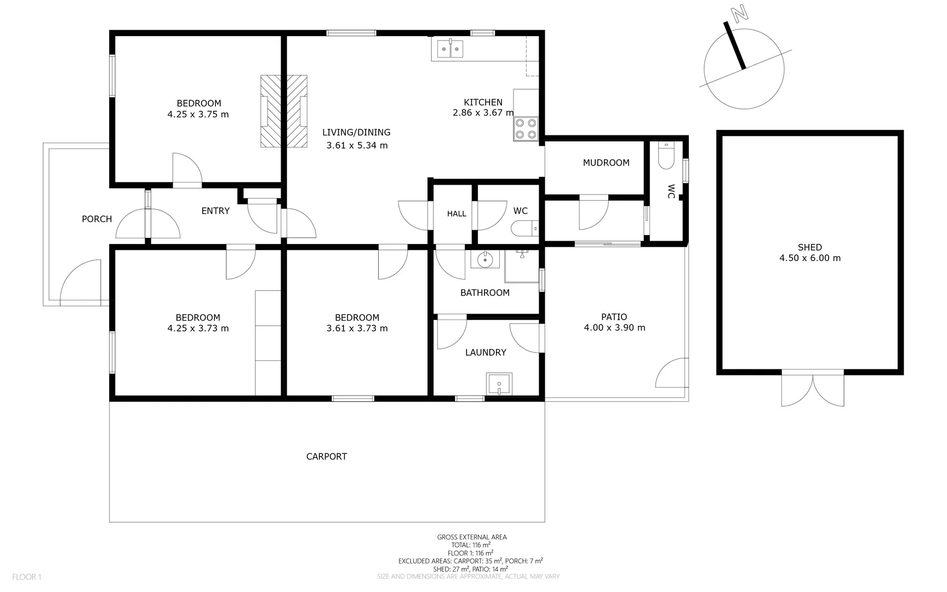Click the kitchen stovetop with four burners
tap(526, 129)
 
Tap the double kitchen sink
tap(450, 49)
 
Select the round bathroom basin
tap(485, 259)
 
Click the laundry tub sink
tap(499, 384)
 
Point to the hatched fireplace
tap(283, 111)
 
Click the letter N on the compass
tap(740, 13)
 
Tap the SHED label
tap(810, 247)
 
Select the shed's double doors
tap(813, 388)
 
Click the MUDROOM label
tap(606, 163)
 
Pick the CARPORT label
tap(327, 457)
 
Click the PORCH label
tap(97, 219)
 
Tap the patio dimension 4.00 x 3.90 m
tap(614, 328)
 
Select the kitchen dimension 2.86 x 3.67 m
tap(483, 113)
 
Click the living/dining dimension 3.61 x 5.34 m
tap(357, 145)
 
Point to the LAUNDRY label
tap(486, 352)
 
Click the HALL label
tap(457, 214)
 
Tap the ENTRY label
tap(215, 211)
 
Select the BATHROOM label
tap(485, 293)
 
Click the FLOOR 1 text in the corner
tap(27, 577)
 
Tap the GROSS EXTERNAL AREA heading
tap(472, 537)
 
